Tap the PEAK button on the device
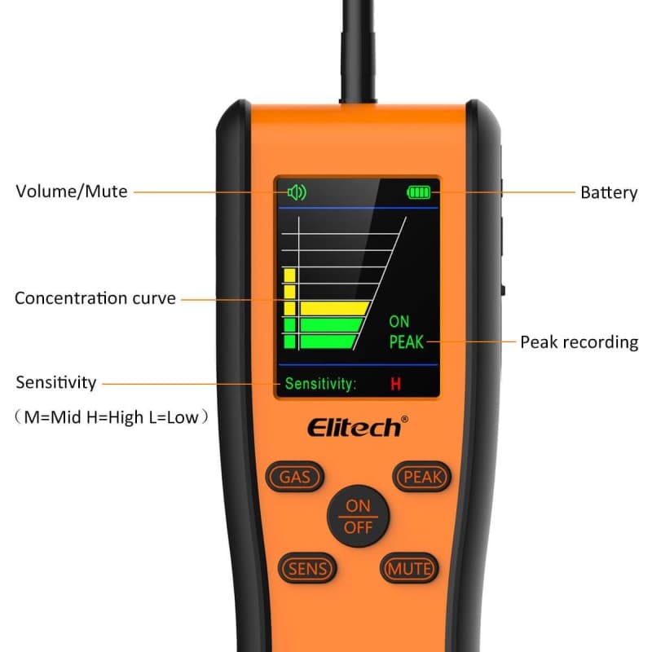422,477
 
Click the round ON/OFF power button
358,516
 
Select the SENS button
306,568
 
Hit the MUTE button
409,568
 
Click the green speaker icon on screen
296,192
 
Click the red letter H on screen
395,384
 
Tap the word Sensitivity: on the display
320,384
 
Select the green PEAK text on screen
406,342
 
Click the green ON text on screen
399,322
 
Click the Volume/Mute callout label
72,192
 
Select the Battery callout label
609,193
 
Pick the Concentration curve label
95,298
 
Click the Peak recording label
579,342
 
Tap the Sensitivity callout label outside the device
56,382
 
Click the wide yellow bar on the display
334,308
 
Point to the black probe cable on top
359,49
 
